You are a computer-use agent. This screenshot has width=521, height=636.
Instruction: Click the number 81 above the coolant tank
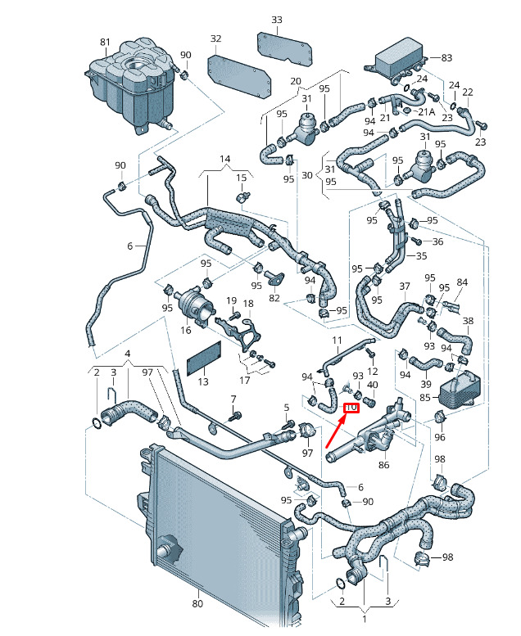coord(105,42)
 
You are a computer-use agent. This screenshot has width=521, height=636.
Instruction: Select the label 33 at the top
coord(276,20)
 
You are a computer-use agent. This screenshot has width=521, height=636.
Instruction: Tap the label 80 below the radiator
coord(197,604)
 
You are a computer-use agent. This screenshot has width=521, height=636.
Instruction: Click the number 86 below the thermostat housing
coord(383,464)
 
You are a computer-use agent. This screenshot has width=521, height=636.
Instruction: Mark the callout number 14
coord(225,158)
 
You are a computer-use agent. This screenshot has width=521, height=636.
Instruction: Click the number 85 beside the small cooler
coord(424,399)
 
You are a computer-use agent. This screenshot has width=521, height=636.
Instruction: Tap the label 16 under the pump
coord(186,330)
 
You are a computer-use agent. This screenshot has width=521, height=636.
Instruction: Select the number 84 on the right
coord(462,283)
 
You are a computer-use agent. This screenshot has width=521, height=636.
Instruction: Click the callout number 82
coord(274,299)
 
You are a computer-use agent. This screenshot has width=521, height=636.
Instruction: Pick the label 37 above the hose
coord(404,286)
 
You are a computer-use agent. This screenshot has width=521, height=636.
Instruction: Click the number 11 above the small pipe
coord(336,340)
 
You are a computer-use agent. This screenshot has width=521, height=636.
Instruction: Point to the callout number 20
coord(296,81)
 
